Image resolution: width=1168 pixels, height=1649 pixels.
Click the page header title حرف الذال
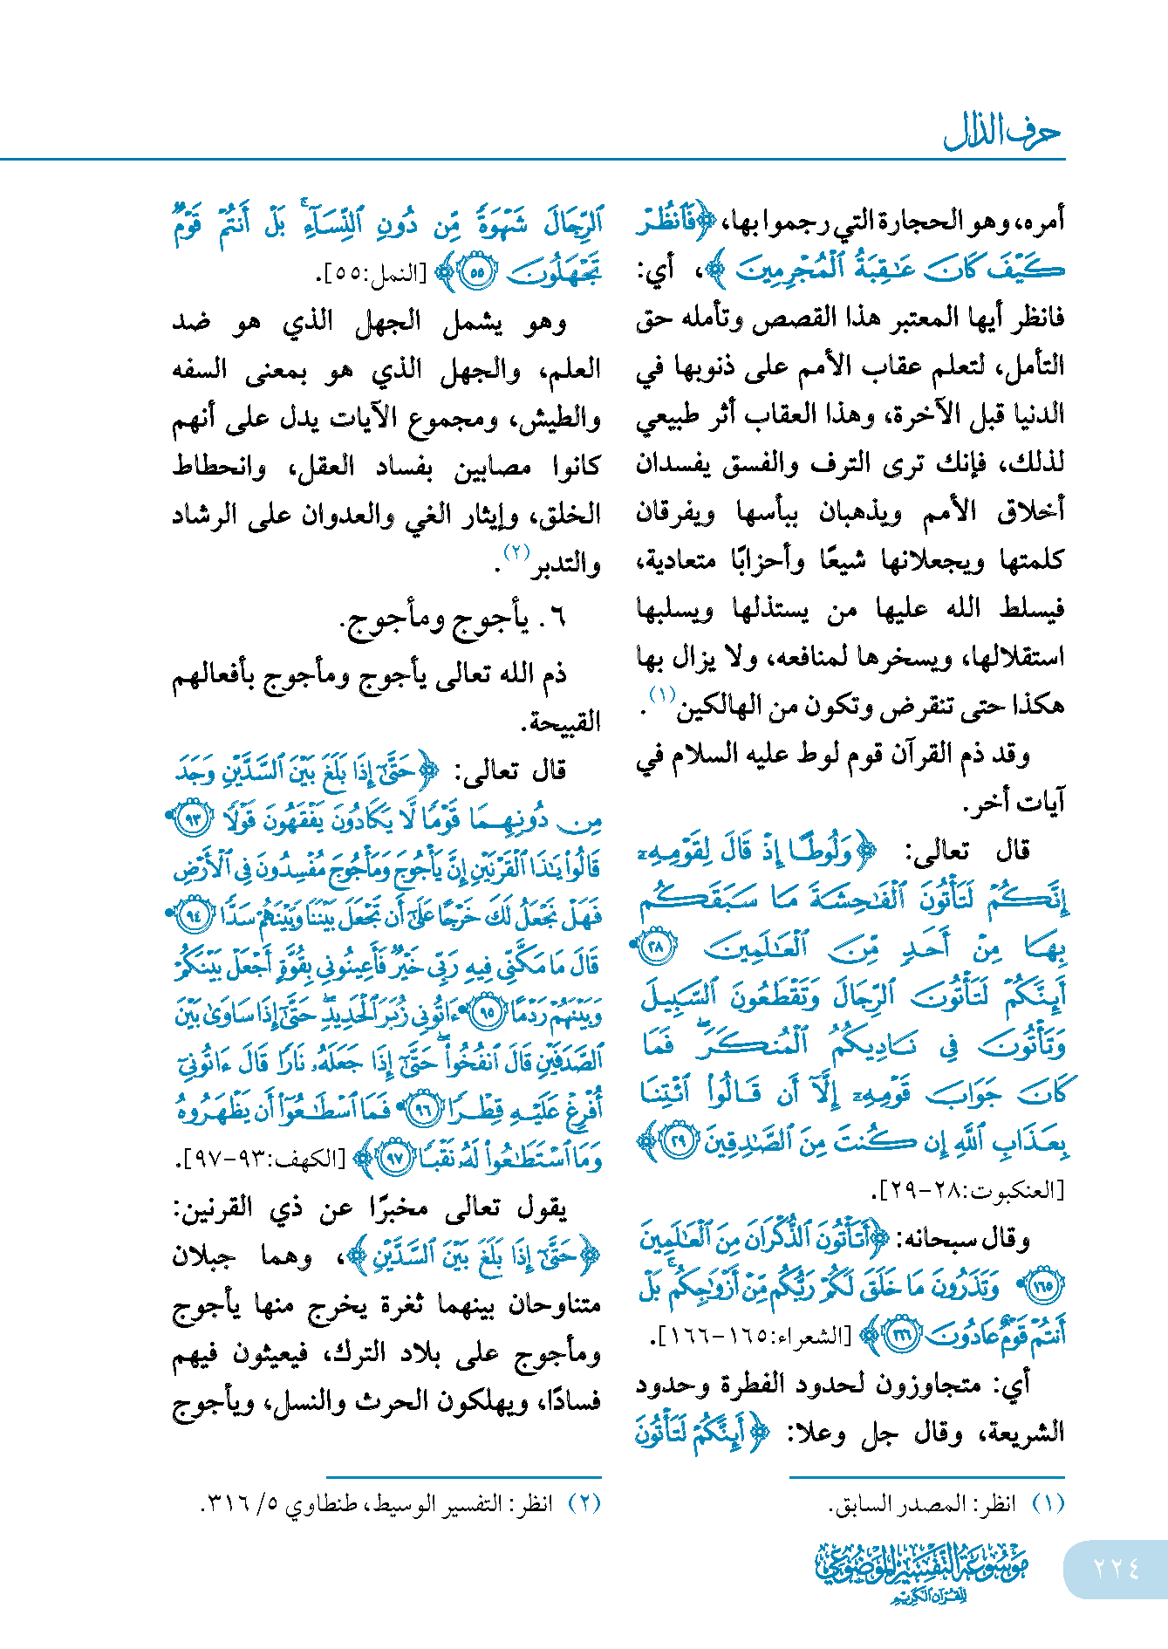pyautogui.click(x=1001, y=133)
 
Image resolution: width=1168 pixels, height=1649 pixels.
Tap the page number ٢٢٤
pyautogui.click(x=1116, y=1568)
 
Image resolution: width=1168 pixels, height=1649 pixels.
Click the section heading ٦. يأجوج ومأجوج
pyautogui.click(x=453, y=619)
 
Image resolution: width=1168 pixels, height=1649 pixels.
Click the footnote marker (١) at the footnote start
pyautogui.click(x=1048, y=1503)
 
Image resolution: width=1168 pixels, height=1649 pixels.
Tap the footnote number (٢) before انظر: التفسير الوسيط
pyautogui.click(x=584, y=1503)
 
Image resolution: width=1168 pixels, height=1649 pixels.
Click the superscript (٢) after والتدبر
pyautogui.click(x=517, y=552)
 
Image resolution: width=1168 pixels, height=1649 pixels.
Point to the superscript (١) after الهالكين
pyautogui.click(x=662, y=694)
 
